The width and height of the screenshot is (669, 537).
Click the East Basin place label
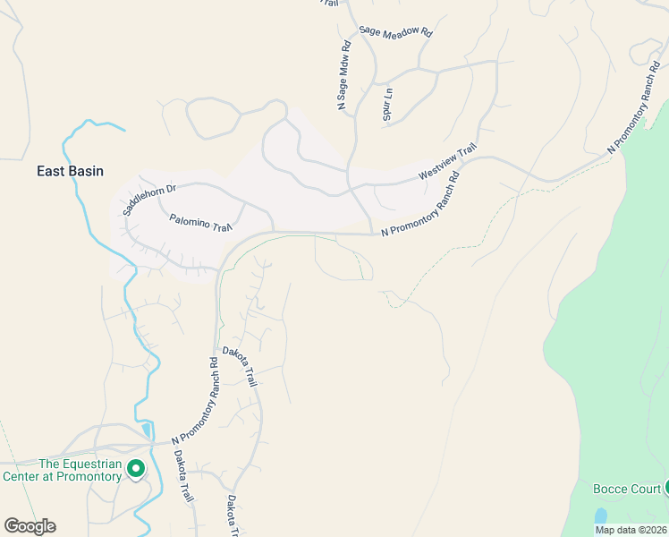pyautogui.click(x=70, y=171)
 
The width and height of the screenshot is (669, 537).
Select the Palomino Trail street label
pyautogui.click(x=201, y=222)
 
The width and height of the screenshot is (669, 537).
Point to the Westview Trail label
pyautogui.click(x=450, y=163)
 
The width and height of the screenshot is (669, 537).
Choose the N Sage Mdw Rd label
pyautogui.click(x=343, y=76)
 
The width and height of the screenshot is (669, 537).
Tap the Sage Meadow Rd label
pyautogui.click(x=395, y=31)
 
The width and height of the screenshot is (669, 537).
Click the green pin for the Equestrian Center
pyautogui.click(x=136, y=468)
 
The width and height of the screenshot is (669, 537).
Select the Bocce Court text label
pyautogui.click(x=626, y=489)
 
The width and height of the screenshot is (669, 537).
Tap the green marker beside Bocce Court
pyautogui.click(x=665, y=488)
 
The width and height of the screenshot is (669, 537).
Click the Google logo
pyautogui.click(x=30, y=526)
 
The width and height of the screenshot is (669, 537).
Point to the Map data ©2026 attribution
pyautogui.click(x=630, y=530)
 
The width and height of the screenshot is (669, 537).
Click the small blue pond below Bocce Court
pyautogui.click(x=600, y=516)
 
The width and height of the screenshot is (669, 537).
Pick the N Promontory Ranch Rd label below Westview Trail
pyautogui.click(x=419, y=205)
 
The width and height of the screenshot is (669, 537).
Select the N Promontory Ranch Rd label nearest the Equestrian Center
pyautogui.click(x=195, y=402)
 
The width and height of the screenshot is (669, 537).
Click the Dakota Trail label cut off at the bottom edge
pyautogui.click(x=233, y=516)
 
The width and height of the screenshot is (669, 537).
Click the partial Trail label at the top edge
pyautogui.click(x=330, y=4)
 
